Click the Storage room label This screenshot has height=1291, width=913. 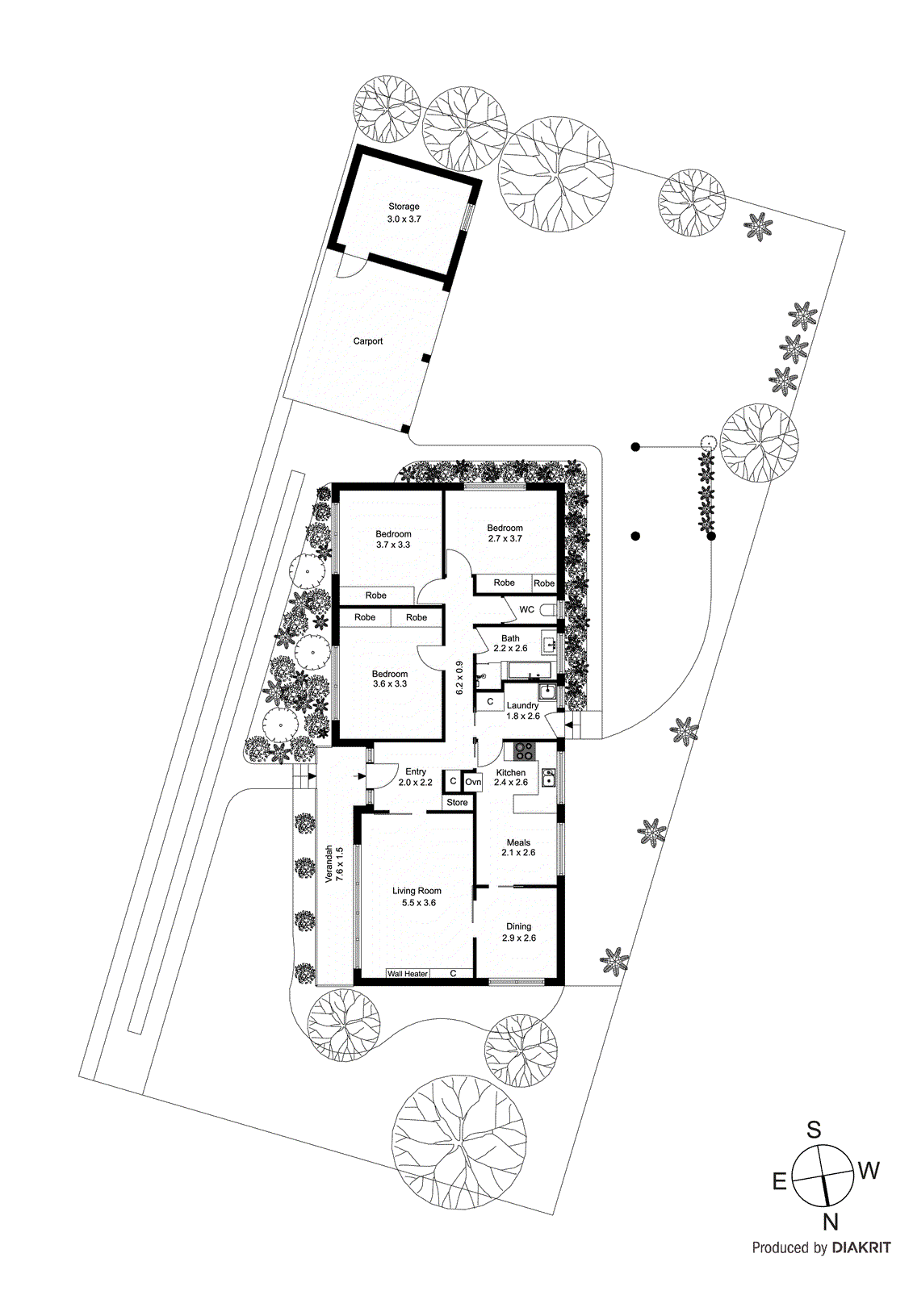tap(404, 207)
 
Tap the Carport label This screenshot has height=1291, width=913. tap(368, 341)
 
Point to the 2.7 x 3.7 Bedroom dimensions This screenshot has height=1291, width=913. tap(505, 539)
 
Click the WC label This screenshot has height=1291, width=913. tap(526, 610)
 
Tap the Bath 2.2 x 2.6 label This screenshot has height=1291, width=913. tap(510, 643)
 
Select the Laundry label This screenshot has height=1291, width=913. tap(522, 705)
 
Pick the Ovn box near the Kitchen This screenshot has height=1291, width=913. tap(473, 782)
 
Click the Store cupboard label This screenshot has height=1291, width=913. tap(457, 803)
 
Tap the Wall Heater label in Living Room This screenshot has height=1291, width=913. tap(407, 974)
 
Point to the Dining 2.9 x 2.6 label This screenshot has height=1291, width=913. tap(518, 932)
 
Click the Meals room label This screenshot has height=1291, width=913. tap(518, 842)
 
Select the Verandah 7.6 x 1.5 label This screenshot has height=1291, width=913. tap(333, 865)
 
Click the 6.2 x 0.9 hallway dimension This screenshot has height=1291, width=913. tap(459, 678)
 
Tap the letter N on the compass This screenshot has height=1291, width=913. tap(830, 1221)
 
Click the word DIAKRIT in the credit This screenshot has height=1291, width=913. tap(861, 1248)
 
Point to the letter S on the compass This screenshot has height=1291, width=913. tap(814, 1130)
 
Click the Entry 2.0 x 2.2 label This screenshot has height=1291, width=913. tap(416, 777)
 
